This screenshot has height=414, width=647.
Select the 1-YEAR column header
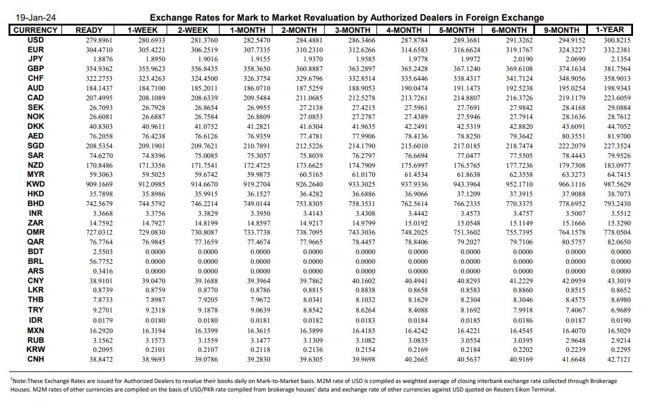[610, 30]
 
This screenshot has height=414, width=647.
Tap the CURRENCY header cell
[35, 30]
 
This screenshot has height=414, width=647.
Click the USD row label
[35, 40]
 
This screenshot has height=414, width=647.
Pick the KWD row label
[35, 184]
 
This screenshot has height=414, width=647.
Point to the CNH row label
[35, 359]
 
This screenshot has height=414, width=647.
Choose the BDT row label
[35, 252]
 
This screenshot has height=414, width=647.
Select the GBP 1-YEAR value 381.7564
[615, 69]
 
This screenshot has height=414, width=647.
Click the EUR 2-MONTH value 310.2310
[310, 50]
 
